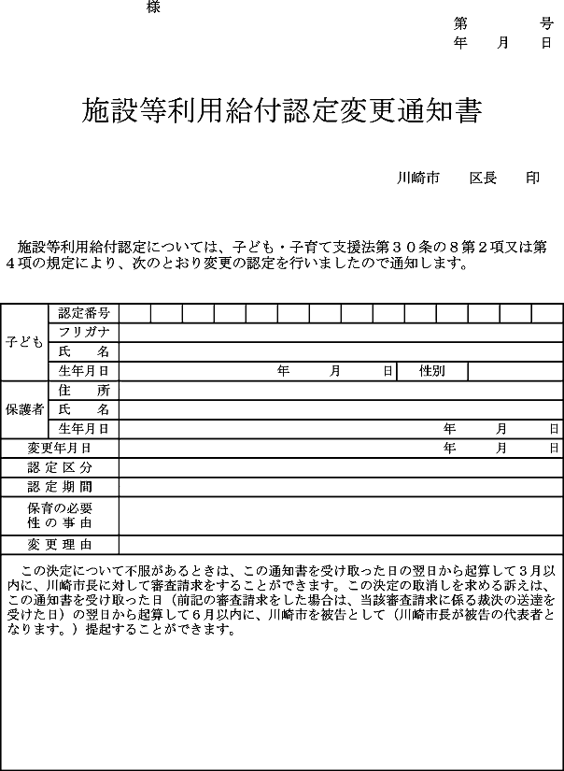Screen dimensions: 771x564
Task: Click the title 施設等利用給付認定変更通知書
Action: [282, 112]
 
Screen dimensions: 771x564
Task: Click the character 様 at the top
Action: [154, 7]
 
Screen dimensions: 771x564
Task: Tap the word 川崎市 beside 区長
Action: [417, 178]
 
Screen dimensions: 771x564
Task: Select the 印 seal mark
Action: [533, 178]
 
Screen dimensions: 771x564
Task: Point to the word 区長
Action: [483, 178]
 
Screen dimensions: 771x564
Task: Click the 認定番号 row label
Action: [84, 313]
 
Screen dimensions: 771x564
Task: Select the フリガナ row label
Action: [84, 333]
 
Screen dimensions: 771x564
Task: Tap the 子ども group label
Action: [24, 342]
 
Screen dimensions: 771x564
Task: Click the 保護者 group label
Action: [24, 409]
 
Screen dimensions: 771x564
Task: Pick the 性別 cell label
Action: [431, 371]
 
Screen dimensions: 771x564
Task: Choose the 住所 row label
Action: [84, 391]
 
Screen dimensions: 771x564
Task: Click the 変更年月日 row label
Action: [60, 449]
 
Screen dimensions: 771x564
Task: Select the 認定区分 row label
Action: [60, 467]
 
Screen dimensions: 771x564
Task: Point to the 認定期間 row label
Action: [60, 487]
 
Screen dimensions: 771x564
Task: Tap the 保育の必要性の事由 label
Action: [60, 515]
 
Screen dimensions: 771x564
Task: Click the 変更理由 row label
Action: [60, 544]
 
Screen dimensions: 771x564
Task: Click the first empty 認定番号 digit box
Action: [134, 313]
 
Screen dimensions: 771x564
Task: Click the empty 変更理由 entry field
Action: [341, 544]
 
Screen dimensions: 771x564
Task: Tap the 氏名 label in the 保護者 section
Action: [84, 409]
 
